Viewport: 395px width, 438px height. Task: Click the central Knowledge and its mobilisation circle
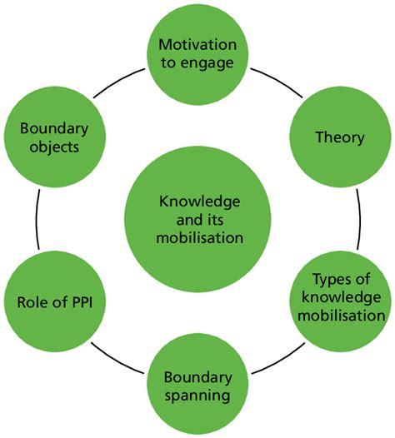[198, 219]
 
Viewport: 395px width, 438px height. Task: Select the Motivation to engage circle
[198, 52]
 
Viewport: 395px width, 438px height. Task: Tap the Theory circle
[339, 137]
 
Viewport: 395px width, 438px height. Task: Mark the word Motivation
[198, 43]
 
